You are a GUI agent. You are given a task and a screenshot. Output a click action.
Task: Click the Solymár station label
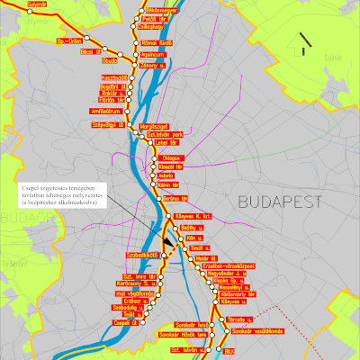(x=35, y=4)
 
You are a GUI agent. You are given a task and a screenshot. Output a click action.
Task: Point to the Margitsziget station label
(x=155, y=127)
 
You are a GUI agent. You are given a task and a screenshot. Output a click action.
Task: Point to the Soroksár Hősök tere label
(x=190, y=334)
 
